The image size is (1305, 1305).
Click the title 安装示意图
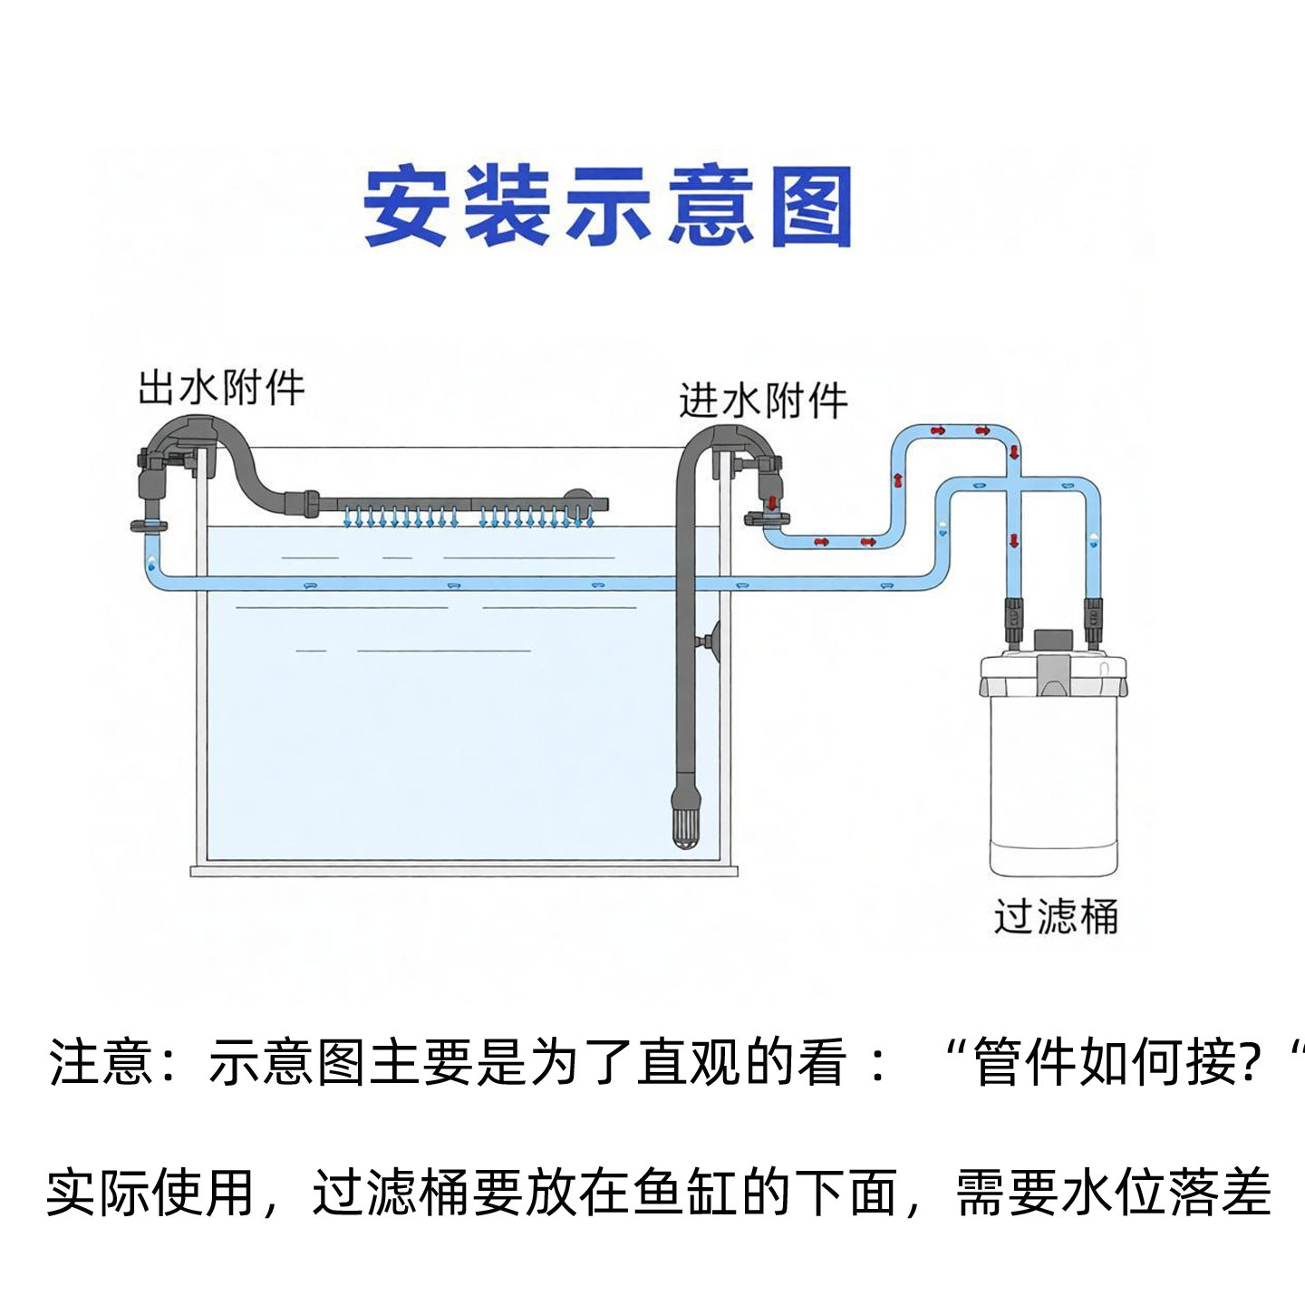point(607,206)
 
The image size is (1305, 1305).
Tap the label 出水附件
point(221,388)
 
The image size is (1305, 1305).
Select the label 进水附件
point(763,401)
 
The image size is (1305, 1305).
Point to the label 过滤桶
point(1056,918)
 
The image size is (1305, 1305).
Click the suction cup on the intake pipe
point(709,640)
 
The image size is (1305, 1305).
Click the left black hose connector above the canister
point(1013,621)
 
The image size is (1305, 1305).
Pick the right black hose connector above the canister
point(1093,621)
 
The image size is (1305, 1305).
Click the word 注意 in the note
point(101,1062)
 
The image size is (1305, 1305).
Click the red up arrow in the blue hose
point(899,480)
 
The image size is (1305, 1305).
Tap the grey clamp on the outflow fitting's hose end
point(149,526)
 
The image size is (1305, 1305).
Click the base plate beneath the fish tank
point(464,872)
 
